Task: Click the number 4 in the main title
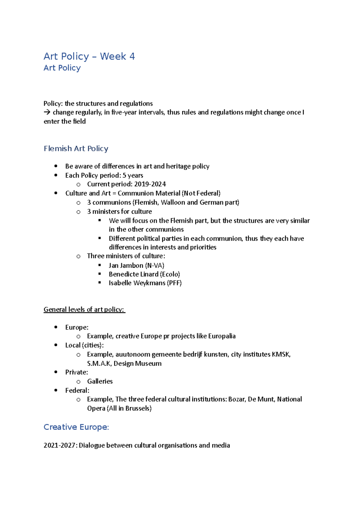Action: tap(132, 56)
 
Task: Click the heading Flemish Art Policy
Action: tap(76, 148)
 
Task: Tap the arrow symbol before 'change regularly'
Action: tap(47, 112)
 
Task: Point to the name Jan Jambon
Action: tap(126, 265)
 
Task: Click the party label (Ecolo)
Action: tap(170, 274)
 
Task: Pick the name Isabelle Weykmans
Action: tap(137, 283)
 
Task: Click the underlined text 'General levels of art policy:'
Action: tap(84, 309)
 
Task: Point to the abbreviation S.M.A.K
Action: tap(99, 363)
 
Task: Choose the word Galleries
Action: tap(100, 381)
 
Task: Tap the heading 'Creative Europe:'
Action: tap(76, 427)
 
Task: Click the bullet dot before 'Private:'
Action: tap(56, 372)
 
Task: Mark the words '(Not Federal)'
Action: tap(201, 193)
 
